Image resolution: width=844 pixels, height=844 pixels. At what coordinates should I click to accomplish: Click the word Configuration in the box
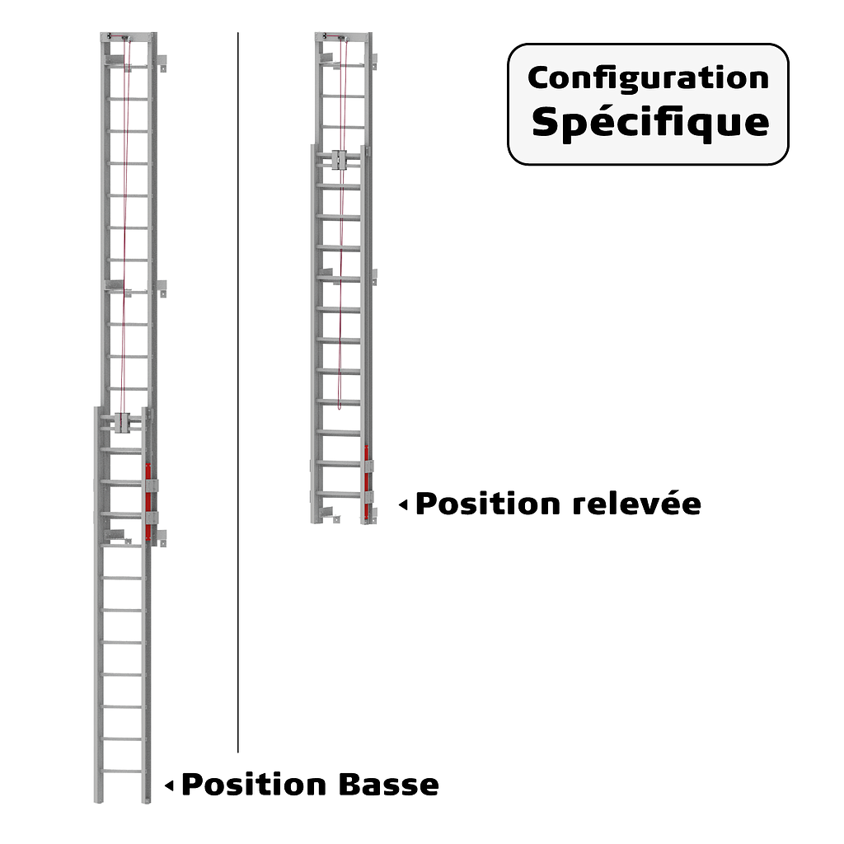648,78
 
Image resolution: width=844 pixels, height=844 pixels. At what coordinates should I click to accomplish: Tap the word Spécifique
649,122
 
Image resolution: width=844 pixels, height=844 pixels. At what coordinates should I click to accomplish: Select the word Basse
387,785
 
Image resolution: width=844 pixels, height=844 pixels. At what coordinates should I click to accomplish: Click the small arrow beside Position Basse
169,785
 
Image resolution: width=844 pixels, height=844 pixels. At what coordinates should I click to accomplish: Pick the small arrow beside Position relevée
403,504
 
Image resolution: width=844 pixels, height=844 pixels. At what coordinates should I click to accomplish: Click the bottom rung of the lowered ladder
123,771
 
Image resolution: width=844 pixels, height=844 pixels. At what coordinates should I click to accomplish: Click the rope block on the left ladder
124,423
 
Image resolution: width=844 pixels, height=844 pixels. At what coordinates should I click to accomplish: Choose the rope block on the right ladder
340,158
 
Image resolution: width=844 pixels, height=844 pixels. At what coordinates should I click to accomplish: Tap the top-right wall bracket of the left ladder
162,63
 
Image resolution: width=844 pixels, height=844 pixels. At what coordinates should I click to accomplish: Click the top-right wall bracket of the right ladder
373,62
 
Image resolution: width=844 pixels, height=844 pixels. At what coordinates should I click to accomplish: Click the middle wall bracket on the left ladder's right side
162,288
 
